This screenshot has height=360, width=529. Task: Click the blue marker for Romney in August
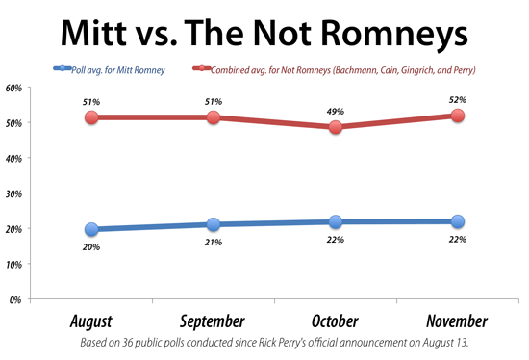coord(91,229)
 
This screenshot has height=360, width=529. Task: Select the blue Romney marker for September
coord(214,224)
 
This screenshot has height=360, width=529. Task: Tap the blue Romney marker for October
coord(335,222)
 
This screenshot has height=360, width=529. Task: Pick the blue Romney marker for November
coord(457,221)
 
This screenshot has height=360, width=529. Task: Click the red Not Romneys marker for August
coord(91,117)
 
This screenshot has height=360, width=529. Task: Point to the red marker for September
coord(214,117)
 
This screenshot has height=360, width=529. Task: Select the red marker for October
coord(335,126)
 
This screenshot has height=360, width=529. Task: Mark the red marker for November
coord(457,116)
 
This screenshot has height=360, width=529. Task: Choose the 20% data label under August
coord(91,248)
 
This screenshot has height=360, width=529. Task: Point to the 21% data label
coord(213,243)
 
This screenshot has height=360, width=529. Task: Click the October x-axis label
coord(335,321)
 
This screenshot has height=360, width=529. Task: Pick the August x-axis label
coord(91,321)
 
